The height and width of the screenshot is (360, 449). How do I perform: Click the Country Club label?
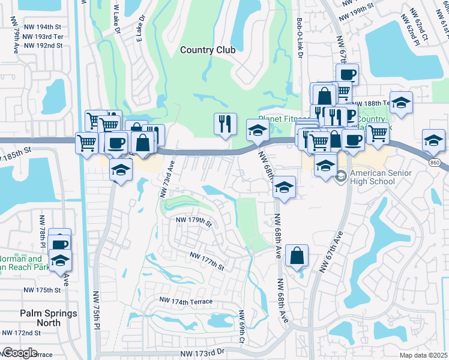pyautogui.click(x=208, y=50)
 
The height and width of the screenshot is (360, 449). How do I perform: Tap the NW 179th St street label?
pyautogui.click(x=194, y=221)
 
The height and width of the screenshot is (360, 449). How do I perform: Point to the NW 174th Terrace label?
pyautogui.click(x=185, y=299)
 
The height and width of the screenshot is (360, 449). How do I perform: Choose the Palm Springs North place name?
pyautogui.click(x=49, y=318)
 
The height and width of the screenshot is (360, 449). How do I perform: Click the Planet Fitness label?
pyautogui.click(x=278, y=119)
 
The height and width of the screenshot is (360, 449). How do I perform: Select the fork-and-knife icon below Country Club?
pyautogui.click(x=225, y=124)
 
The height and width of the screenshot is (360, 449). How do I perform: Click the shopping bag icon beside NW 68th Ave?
pyautogui.click(x=297, y=256)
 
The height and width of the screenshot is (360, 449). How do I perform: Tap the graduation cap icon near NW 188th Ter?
pyautogui.click(x=401, y=103)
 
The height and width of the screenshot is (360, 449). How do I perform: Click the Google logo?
pyautogui.click(x=19, y=353)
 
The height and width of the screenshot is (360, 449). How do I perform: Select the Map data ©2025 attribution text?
pyautogui.click(x=423, y=355)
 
